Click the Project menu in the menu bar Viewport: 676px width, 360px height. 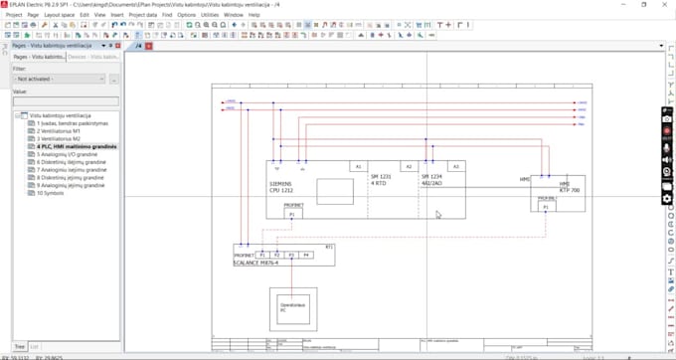coord(13,15)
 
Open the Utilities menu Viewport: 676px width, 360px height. coord(210,15)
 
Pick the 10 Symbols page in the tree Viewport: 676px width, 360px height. coord(50,193)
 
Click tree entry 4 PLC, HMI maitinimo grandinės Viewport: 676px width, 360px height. coord(77,146)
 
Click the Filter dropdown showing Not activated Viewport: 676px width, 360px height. coord(59,79)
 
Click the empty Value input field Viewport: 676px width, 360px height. coord(65,101)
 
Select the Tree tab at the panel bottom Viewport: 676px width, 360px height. coord(19,347)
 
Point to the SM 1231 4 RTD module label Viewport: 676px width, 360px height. coord(382,180)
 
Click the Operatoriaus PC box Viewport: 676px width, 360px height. coord(293,309)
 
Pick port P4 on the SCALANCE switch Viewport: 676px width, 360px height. coord(306,255)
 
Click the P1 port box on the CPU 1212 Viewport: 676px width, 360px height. coord(291,214)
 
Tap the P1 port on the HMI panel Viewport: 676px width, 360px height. coord(545,208)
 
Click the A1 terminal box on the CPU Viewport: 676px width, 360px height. coord(359,166)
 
